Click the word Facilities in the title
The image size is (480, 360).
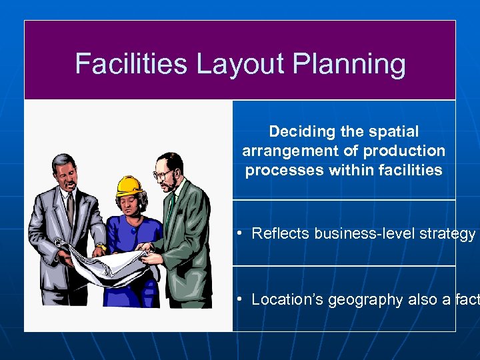[x=131, y=64]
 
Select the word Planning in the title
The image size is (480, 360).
[x=349, y=64]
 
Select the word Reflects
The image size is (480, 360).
[x=281, y=233]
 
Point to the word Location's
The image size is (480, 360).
[x=285, y=299]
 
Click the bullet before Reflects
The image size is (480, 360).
[x=239, y=233]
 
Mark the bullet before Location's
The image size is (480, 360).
[x=239, y=299]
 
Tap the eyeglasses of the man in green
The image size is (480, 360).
[x=162, y=175]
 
